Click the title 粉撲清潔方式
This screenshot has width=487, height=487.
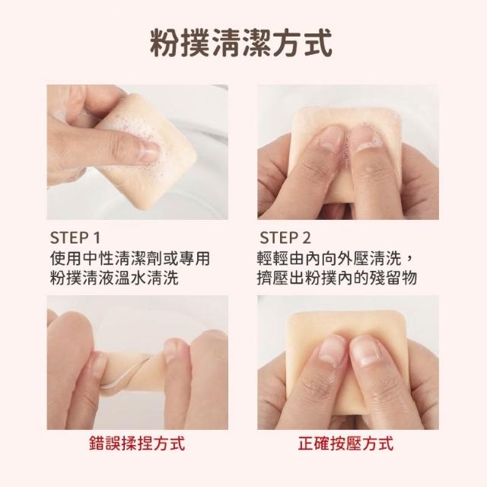[241, 43]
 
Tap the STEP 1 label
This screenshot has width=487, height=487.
[75, 238]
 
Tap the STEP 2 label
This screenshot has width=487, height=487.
[285, 238]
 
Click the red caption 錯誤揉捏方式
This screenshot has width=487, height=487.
[137, 443]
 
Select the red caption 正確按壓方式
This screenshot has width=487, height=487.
[345, 443]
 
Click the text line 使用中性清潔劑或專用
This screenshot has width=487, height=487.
[130, 259]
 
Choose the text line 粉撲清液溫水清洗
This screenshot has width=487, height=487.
[114, 277]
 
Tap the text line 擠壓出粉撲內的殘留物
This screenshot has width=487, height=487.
[337, 277]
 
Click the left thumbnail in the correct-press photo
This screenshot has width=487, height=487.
[332, 349]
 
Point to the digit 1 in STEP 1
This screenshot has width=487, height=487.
[97, 238]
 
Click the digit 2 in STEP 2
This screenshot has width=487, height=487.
[306, 238]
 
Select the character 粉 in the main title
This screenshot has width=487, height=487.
[164, 43]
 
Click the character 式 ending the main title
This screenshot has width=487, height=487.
[318, 43]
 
